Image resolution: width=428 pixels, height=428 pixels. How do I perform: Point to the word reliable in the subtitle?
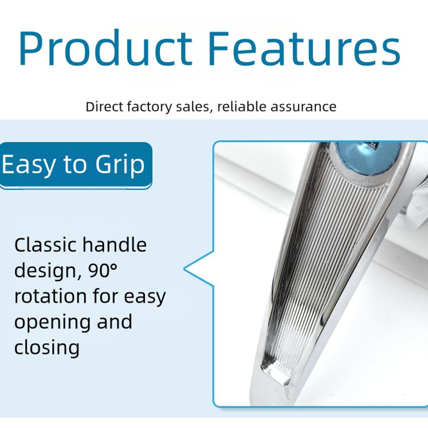click(x=242, y=106)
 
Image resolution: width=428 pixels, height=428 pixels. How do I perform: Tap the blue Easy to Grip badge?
click(x=76, y=165)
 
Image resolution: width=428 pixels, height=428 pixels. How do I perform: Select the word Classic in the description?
click(x=46, y=245)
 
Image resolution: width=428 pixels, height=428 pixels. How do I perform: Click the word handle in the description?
click(x=114, y=245)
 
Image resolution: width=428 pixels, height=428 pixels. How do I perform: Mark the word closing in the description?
click(x=47, y=348)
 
